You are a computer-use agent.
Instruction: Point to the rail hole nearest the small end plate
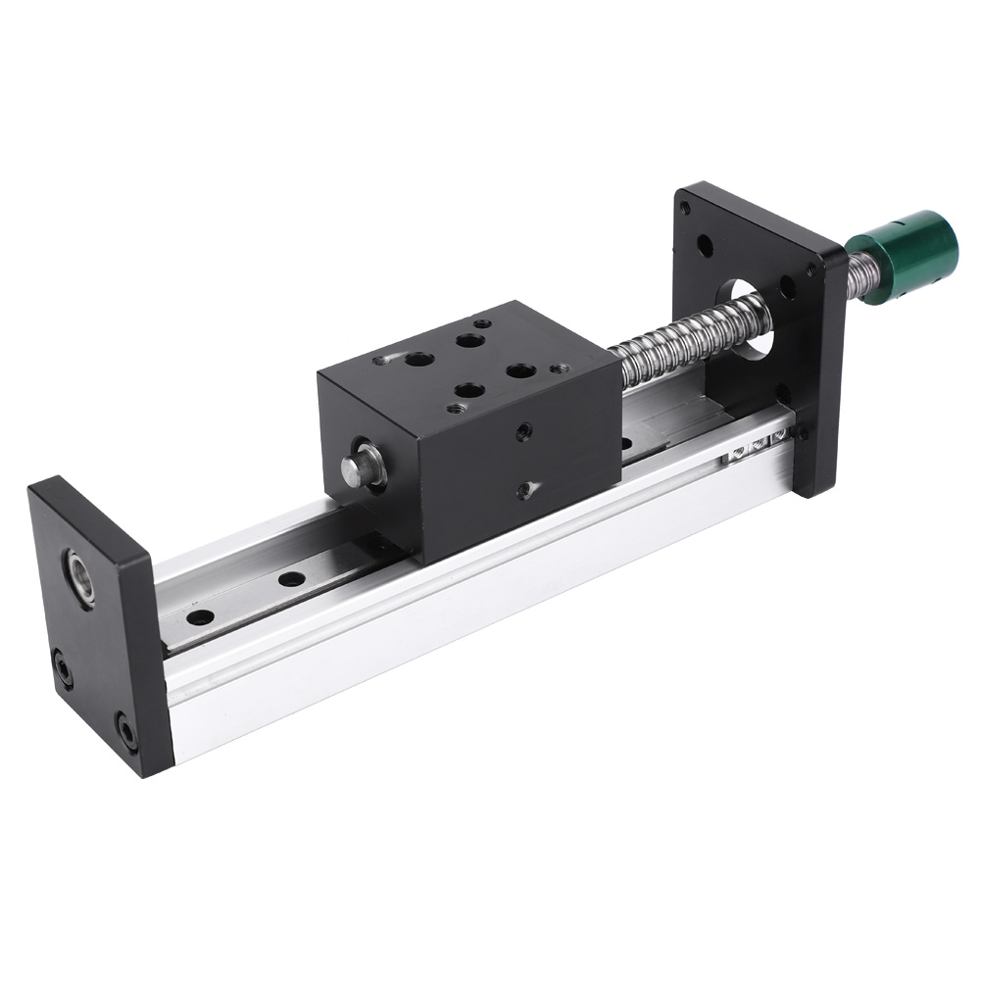(x=201, y=618)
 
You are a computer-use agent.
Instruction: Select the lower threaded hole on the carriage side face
(x=526, y=487)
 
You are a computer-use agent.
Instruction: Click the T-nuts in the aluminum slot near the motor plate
(x=755, y=442)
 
